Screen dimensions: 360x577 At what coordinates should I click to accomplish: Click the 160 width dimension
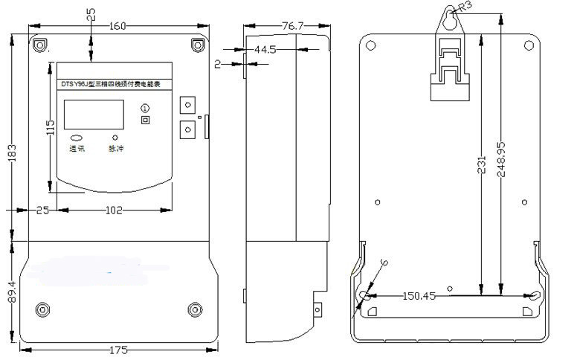point(117,27)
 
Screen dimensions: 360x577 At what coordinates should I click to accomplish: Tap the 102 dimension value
point(113,210)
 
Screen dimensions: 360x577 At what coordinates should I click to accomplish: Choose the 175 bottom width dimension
point(117,350)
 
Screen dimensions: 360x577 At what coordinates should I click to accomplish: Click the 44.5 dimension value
point(265,49)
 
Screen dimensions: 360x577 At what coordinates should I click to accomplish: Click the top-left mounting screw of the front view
point(39,45)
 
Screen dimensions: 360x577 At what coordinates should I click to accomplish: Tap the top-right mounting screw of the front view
point(197,45)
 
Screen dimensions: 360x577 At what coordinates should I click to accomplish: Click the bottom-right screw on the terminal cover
point(196,309)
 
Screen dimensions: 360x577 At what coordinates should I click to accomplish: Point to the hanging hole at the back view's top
point(448,22)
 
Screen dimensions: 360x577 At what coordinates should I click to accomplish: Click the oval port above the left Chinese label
point(77,138)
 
